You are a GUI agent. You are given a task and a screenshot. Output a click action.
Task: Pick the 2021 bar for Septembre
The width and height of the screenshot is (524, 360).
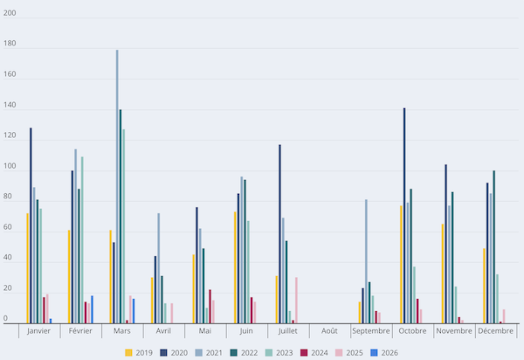coord(366,261)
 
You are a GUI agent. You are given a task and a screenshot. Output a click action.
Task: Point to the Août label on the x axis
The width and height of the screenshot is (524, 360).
coord(329,331)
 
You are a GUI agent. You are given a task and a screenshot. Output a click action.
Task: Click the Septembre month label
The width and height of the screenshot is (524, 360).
coord(371,331)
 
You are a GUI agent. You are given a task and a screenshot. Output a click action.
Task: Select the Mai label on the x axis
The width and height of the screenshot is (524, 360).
coord(204,331)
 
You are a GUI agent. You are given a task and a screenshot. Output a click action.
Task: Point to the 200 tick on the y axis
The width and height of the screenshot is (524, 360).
coord(10,14)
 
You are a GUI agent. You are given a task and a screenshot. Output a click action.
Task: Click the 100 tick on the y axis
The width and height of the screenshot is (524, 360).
coord(10,166)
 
